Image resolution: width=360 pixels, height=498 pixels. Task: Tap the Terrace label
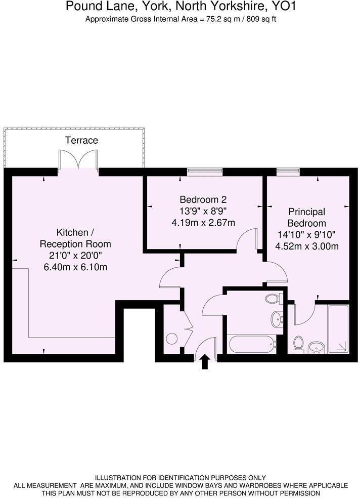pos(81,140)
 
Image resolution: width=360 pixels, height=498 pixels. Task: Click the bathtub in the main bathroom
pos(251,346)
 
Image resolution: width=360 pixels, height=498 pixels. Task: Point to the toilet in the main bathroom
pos(273,299)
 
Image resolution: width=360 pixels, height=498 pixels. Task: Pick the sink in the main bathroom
pos(277,319)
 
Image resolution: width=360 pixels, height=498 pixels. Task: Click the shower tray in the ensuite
pos(337,329)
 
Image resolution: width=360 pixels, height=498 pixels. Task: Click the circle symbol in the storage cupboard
pos(172,339)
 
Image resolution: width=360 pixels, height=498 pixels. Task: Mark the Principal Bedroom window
pos(287,172)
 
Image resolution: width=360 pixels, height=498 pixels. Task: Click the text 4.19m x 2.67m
pos(204,222)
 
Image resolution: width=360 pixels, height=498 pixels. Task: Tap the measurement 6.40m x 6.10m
pos(75,267)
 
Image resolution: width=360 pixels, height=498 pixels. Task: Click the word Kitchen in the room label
pos(72,233)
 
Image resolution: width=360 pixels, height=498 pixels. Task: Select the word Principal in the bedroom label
pos(307,212)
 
